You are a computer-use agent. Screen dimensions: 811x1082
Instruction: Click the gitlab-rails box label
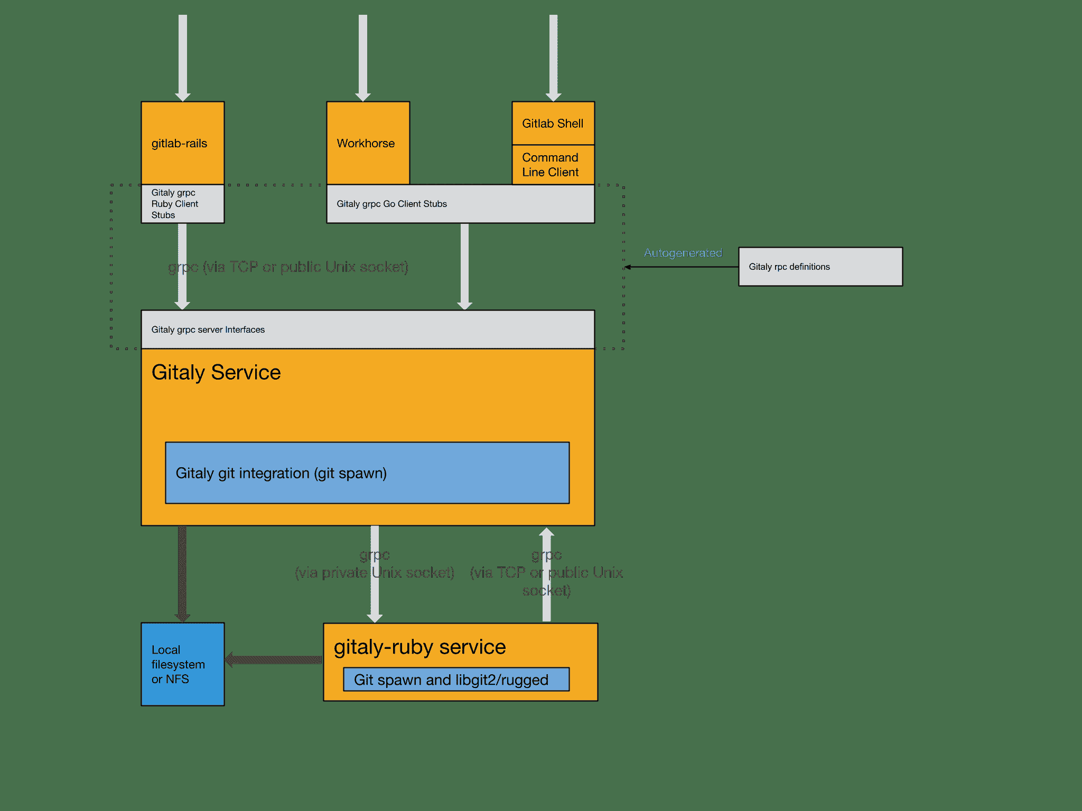179,143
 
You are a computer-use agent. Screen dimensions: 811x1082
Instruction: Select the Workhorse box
368,143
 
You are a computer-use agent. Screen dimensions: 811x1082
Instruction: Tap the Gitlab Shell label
553,124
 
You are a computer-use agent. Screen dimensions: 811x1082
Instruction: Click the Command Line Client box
553,165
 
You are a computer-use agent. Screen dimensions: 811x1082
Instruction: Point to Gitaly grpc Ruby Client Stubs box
182,204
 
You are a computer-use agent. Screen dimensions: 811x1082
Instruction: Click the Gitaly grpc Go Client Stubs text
391,204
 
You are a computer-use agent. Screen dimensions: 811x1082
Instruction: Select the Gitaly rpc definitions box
820,267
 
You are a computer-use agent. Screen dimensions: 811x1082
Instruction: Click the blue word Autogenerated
683,253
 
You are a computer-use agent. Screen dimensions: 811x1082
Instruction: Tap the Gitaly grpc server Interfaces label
208,329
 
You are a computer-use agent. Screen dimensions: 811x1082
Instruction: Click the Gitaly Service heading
216,372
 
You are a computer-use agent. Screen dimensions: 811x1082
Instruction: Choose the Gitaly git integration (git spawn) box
367,473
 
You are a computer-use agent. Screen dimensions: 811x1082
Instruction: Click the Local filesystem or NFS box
182,664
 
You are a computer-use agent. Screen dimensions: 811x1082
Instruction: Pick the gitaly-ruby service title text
419,647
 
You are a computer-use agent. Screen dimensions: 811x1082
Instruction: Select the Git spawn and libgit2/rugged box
456,680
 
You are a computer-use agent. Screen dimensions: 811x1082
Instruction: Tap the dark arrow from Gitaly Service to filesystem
182,573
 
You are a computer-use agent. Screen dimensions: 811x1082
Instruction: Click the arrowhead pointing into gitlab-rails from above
183,96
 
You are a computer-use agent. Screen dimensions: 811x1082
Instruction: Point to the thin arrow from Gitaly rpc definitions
682,267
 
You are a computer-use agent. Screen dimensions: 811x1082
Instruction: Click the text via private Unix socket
374,573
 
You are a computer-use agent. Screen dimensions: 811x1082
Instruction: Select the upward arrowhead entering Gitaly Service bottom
547,532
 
